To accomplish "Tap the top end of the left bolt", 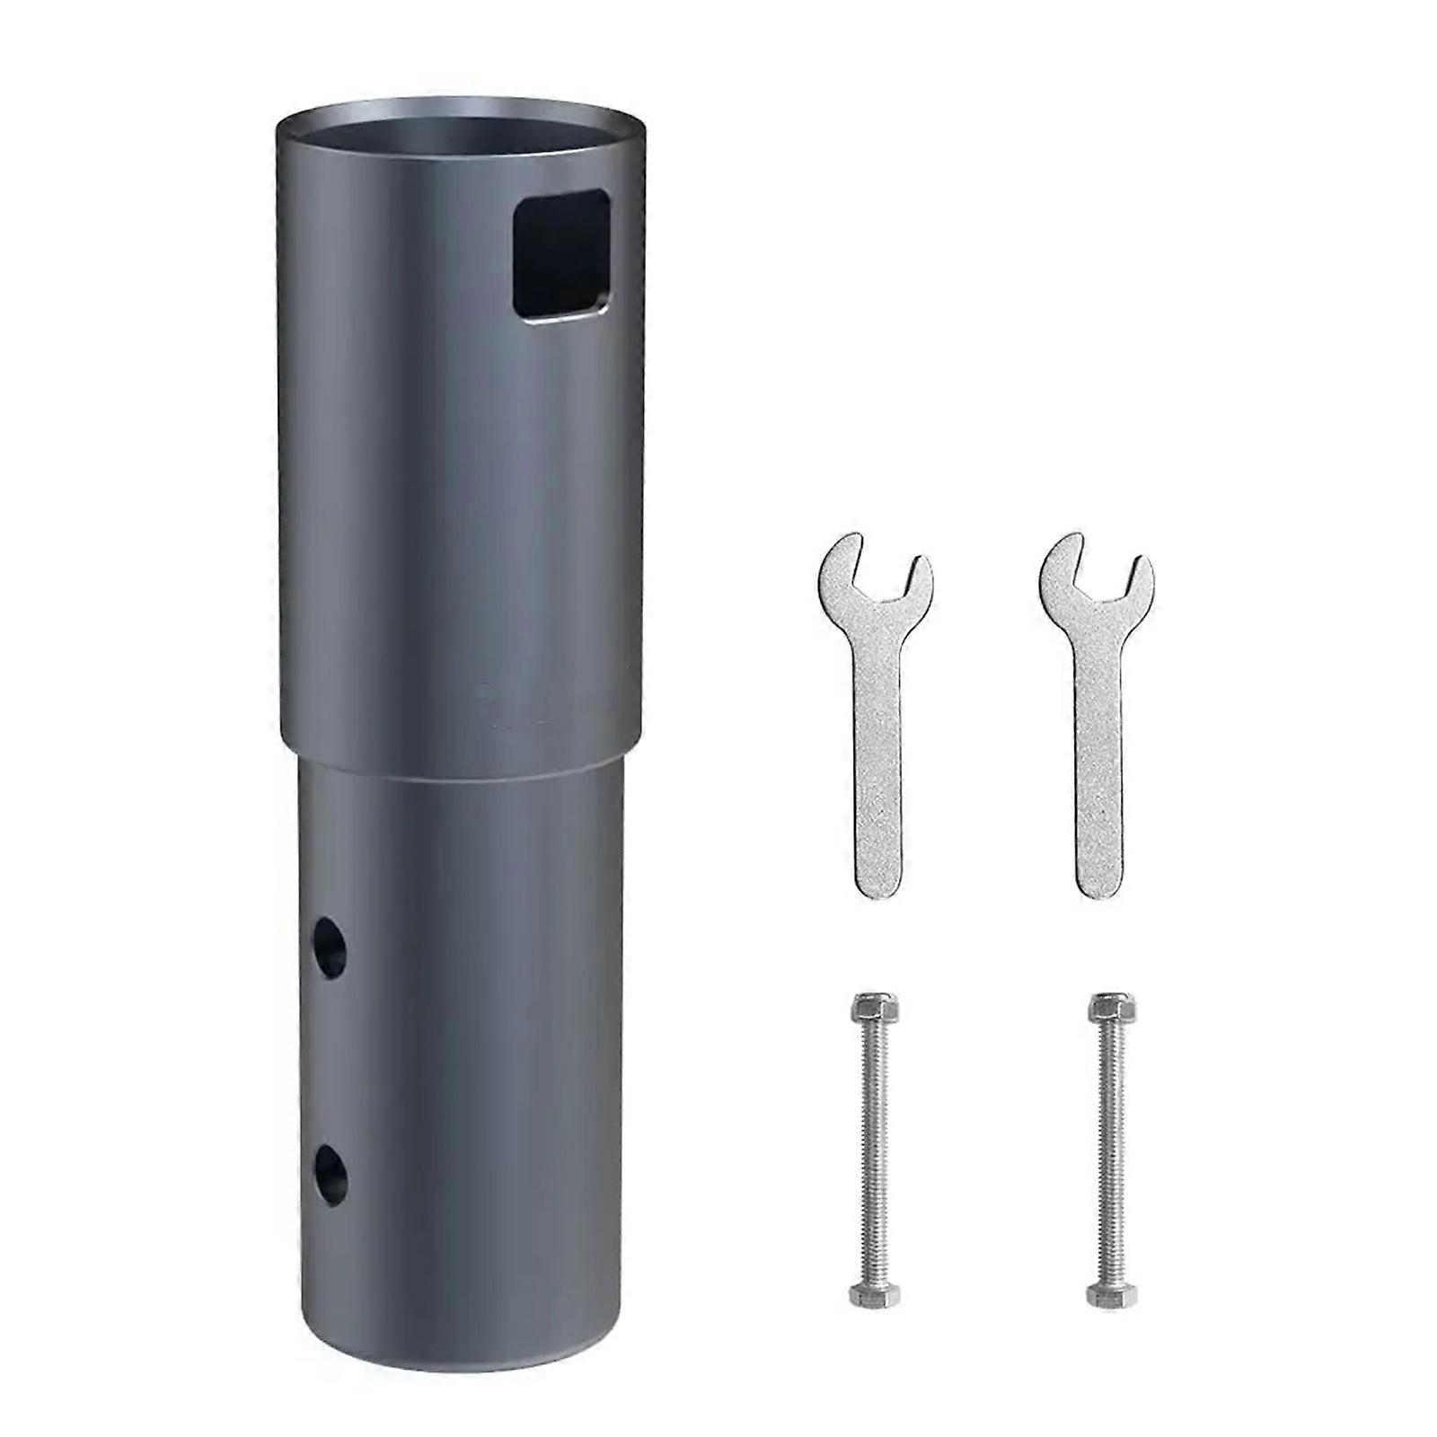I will pos(867,1008).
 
